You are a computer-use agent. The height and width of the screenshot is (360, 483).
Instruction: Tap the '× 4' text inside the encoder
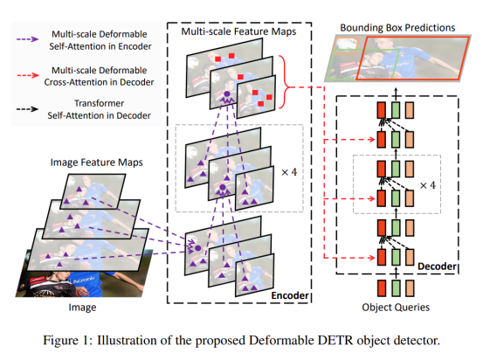point(290,171)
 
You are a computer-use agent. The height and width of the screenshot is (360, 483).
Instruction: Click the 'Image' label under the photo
point(81,308)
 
